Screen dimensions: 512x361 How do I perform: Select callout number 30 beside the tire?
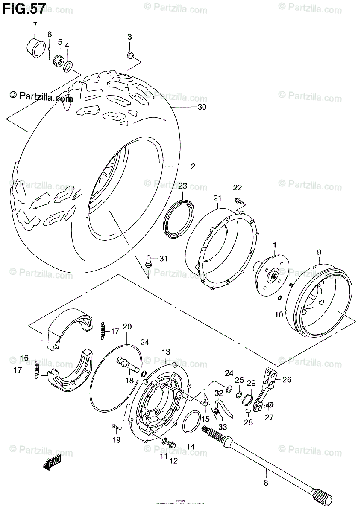[x=202, y=107]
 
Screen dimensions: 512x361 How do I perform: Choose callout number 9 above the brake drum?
[x=319, y=253]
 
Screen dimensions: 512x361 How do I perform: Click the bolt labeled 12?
[x=173, y=444]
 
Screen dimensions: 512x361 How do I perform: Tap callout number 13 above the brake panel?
[x=166, y=352]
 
